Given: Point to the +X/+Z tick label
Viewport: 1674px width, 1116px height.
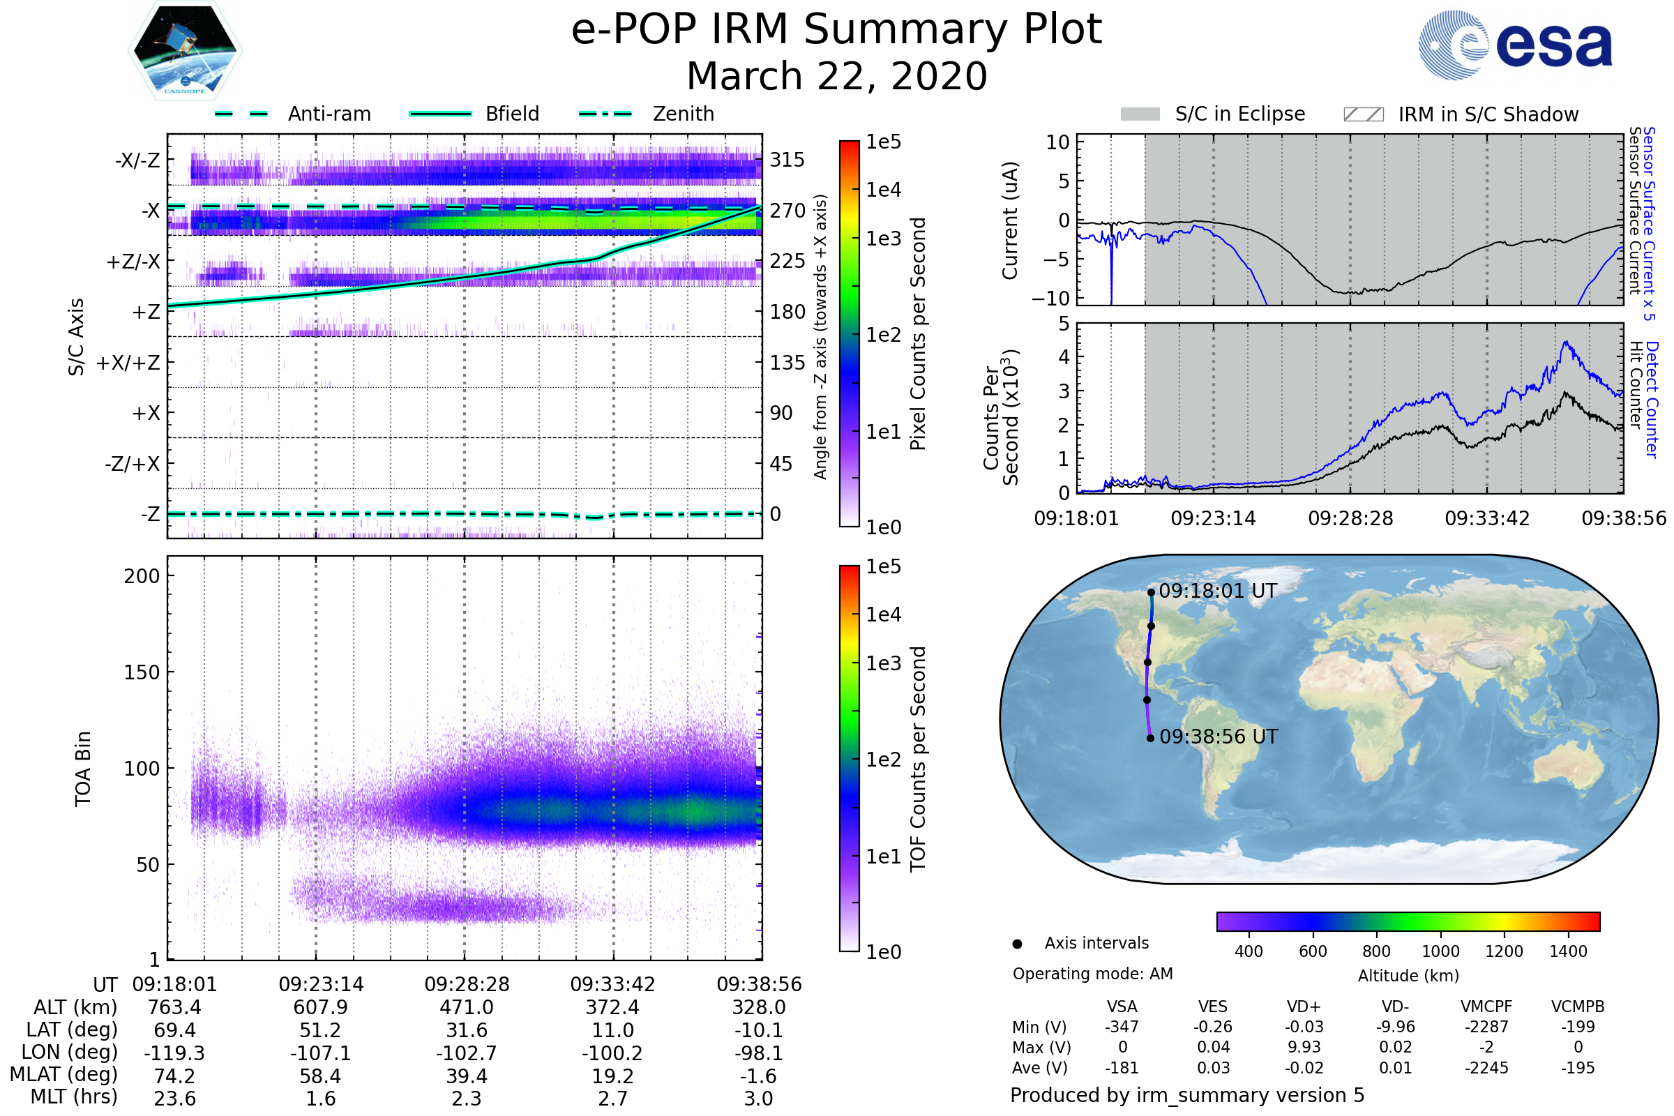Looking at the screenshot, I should click(128, 363).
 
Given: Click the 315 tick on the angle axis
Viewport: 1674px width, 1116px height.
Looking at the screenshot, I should click(787, 160).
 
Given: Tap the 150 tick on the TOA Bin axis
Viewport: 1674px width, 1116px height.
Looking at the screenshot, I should click(142, 672).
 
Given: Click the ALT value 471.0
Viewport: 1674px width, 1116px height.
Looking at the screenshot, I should click(466, 1007).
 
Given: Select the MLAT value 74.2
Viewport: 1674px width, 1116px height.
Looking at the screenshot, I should click(174, 1076).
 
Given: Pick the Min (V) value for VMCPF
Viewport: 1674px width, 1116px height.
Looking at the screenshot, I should click(1486, 1027).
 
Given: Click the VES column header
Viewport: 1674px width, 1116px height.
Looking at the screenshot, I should click(1213, 1006).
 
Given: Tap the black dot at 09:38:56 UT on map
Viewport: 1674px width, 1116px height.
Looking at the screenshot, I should click(1150, 738).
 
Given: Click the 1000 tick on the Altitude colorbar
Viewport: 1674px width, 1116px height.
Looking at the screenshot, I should click(1440, 951).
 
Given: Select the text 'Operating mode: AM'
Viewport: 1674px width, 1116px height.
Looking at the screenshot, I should click(1092, 974).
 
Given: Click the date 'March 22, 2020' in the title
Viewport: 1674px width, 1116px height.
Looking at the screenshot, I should click(837, 76).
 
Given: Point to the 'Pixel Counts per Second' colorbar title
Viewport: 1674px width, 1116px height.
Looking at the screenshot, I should click(918, 333).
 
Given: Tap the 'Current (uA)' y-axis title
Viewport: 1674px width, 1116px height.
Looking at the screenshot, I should click(1010, 220).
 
